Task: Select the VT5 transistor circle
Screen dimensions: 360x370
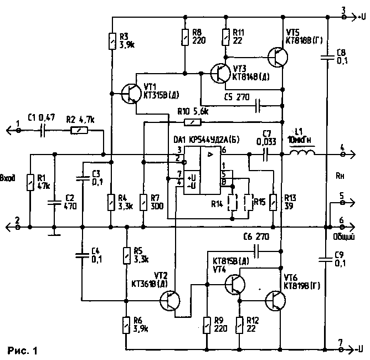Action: [277, 56]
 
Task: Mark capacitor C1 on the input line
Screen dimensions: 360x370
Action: [43, 131]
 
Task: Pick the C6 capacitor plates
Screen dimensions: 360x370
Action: [257, 251]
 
